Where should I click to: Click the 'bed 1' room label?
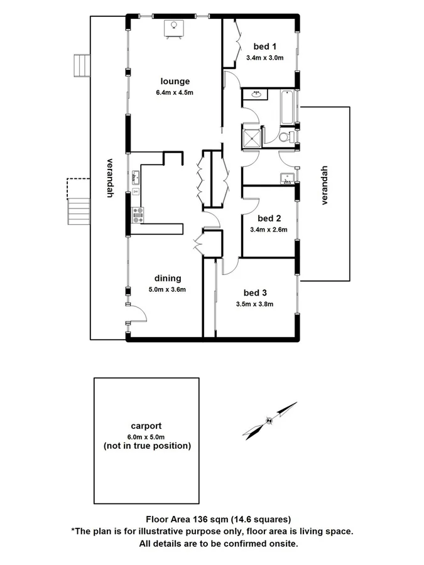[265, 46]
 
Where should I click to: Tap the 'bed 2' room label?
[269, 218]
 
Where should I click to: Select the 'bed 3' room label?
[256, 293]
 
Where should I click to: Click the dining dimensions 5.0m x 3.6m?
[167, 289]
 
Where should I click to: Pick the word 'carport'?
[146, 426]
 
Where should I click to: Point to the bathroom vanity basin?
[256, 95]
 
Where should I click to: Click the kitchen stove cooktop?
[138, 215]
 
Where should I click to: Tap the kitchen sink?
[136, 176]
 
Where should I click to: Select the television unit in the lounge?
[174, 28]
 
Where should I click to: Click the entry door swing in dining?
[137, 312]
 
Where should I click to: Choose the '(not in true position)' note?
[146, 446]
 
